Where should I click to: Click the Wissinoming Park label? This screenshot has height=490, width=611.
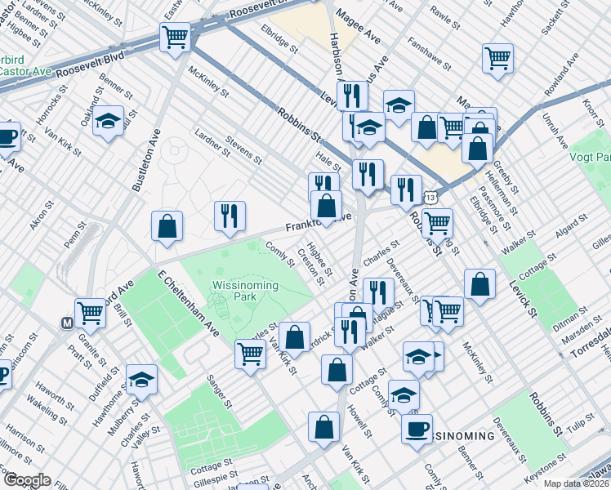(245, 291)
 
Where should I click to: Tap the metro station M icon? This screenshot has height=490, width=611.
(67, 323)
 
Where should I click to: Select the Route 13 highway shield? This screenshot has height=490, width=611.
(430, 198)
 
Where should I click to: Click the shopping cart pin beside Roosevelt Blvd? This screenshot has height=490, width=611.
(175, 38)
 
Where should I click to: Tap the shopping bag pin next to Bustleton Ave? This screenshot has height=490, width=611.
(167, 228)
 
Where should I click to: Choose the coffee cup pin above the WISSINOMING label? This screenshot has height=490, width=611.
(417, 429)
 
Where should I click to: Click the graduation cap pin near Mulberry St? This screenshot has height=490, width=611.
(141, 381)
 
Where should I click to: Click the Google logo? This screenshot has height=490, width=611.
(26, 480)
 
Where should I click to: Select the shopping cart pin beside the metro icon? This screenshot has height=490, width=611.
(90, 313)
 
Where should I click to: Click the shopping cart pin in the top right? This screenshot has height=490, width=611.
(497, 59)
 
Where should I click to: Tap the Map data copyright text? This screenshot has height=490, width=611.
(577, 483)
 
